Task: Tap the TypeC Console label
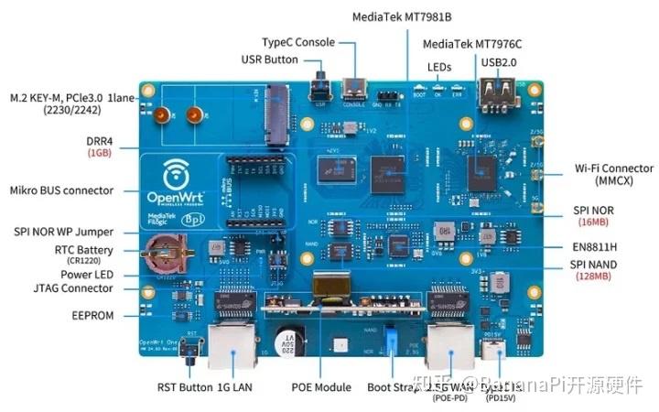coord(298,42)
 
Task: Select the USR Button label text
coord(269,60)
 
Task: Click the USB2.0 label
coord(501,62)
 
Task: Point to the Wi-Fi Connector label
coord(613,168)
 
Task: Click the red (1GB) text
coord(101,153)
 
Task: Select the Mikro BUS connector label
coord(61,190)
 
